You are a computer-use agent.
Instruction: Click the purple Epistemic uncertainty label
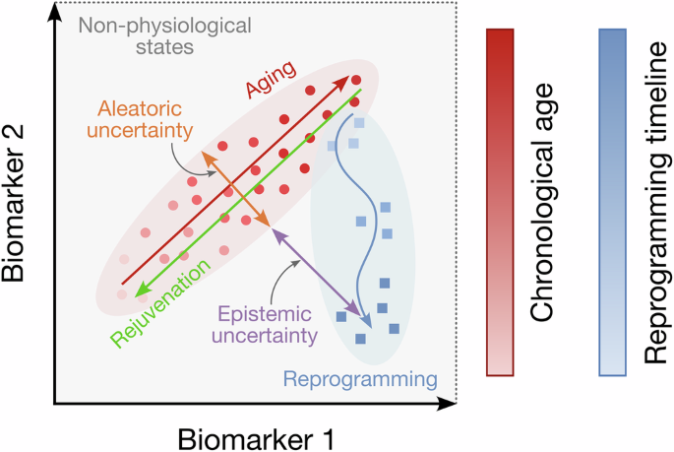coord(263,324)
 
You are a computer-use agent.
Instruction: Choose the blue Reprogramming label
coord(359,377)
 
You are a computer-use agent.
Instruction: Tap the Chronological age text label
coord(553,203)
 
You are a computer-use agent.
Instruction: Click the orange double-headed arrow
coord(237,188)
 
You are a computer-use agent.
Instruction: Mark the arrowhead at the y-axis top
coord(55,12)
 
